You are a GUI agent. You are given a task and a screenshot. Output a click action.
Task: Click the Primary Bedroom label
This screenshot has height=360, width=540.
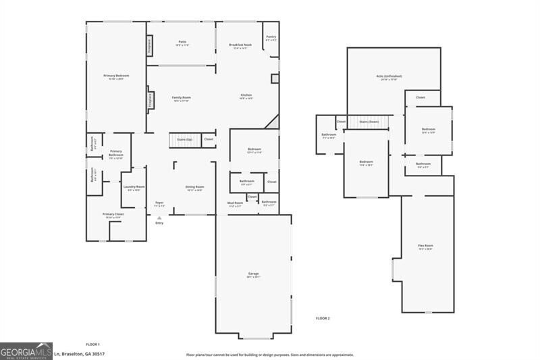click(116, 76)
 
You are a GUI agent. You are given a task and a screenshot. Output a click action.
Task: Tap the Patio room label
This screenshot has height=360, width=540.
click(182, 43)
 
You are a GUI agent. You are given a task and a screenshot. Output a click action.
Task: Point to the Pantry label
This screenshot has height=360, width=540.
click(271, 38)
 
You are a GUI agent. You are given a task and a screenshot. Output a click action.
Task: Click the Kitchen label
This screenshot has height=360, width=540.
click(246, 96)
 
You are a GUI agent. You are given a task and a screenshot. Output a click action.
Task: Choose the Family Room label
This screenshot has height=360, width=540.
click(181, 98)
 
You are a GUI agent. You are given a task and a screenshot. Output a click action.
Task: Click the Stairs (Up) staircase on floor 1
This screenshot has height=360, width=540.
click(184, 140)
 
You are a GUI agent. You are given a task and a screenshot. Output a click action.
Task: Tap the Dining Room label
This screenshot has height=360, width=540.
click(194, 188)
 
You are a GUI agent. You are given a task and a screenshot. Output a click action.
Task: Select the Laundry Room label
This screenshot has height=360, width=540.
click(134, 188)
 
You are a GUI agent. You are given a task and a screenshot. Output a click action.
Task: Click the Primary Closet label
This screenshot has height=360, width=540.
click(112, 215)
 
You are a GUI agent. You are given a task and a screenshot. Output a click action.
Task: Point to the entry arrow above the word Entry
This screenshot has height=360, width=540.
click(159, 217)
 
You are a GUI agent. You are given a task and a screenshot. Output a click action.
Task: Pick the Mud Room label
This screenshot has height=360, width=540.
click(234, 203)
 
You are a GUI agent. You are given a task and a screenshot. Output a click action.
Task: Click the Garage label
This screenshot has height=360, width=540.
click(253, 274)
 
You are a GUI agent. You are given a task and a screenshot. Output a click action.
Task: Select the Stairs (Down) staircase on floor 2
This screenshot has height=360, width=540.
click(369, 122)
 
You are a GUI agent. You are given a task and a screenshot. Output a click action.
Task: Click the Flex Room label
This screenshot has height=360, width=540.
click(425, 247)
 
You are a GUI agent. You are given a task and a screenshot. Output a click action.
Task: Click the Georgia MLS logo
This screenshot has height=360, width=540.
click(26, 351)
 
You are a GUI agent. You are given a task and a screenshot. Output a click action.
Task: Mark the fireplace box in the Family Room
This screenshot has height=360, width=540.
click(150, 100)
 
